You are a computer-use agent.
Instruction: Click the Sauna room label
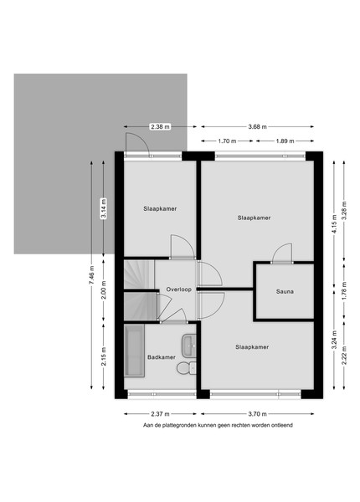tap(285, 292)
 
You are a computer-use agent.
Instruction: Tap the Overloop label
tap(178, 289)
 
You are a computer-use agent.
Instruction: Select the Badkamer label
tap(162, 357)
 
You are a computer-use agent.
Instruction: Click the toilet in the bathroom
tap(187, 367)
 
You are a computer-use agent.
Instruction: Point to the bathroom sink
tap(189, 346)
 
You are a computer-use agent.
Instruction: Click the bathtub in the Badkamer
tap(135, 351)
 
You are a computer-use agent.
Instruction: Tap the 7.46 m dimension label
tap(91, 275)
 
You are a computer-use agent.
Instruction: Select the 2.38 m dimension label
tap(160, 127)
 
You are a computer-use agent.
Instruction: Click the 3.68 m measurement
tap(258, 127)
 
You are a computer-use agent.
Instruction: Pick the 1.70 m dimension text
tap(227, 141)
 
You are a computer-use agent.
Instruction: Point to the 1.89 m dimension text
tap(285, 141)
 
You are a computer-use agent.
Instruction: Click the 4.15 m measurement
tap(334, 225)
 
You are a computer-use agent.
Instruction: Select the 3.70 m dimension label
tap(258, 414)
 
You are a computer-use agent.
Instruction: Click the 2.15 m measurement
tap(104, 356)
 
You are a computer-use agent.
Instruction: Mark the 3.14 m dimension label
tap(104, 207)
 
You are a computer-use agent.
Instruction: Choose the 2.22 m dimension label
tap(344, 356)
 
